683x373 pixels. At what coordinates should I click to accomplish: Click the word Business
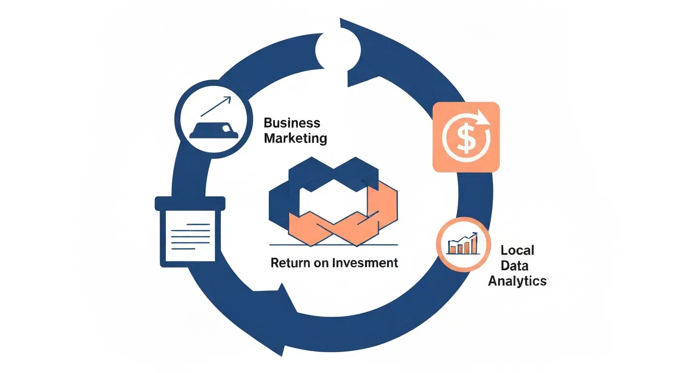coord(292,122)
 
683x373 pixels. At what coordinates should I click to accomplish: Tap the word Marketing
coord(295,138)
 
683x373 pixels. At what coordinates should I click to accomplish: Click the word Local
coord(517,250)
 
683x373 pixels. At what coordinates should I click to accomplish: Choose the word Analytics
coord(517,281)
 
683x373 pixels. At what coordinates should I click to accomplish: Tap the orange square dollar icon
coord(466,137)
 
